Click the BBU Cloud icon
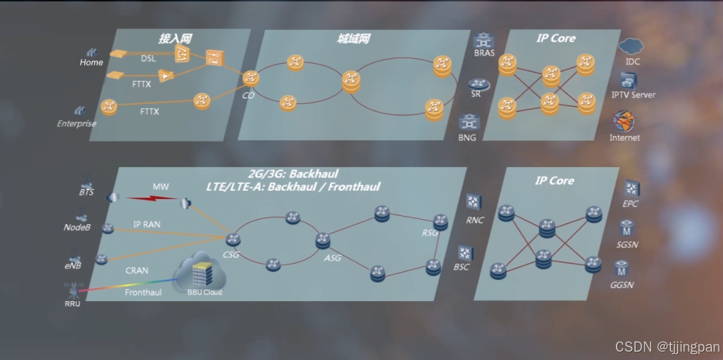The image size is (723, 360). click(203, 274)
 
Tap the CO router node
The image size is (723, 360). click(250, 79)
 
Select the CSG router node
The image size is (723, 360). click(232, 240)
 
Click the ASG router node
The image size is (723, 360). click(322, 241)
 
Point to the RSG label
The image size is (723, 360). click(430, 233)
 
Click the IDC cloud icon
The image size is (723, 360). click(631, 46)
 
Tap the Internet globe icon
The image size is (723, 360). click(624, 121)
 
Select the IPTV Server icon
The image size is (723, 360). click(628, 80)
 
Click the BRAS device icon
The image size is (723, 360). click(484, 40)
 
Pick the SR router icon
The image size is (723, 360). click(476, 84)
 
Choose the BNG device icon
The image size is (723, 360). click(468, 122)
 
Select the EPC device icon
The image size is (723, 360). click(632, 189)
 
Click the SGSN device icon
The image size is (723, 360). click(627, 228)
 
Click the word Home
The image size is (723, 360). click(91, 63)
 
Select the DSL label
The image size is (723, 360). click(148, 59)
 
